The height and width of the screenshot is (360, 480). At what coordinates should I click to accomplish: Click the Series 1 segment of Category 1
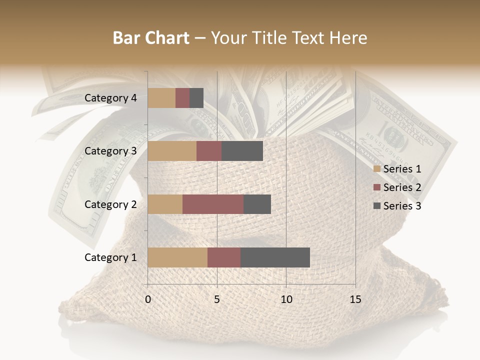177,257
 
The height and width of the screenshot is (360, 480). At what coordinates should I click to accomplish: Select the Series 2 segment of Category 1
224,257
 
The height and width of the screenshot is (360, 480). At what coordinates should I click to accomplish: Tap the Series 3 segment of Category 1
275,257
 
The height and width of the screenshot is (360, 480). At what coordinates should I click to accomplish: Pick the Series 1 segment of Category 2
165,204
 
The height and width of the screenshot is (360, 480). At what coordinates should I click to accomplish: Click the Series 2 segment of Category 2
213,204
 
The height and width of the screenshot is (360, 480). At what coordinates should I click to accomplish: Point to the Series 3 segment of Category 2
257,204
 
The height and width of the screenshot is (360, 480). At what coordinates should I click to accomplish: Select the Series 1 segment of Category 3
172,151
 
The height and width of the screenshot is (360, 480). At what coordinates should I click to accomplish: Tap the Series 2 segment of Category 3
209,151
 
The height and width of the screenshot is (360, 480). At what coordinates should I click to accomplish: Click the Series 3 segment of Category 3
242,151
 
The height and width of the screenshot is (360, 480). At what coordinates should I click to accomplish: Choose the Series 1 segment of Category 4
161,98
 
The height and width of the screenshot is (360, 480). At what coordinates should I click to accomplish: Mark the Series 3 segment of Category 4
196,98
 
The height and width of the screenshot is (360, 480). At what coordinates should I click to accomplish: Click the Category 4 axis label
110,98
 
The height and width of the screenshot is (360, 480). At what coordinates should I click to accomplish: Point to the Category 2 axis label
110,204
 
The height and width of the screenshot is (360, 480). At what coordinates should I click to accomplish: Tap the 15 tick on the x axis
355,299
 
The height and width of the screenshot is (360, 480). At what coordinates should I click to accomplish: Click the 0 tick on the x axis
148,299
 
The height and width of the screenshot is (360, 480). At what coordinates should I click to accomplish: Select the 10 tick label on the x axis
286,299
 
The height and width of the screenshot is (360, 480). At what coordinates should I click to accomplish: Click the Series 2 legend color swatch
376,187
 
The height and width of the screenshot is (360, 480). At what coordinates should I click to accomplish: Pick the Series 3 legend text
402,206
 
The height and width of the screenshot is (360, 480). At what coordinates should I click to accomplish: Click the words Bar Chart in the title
151,38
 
